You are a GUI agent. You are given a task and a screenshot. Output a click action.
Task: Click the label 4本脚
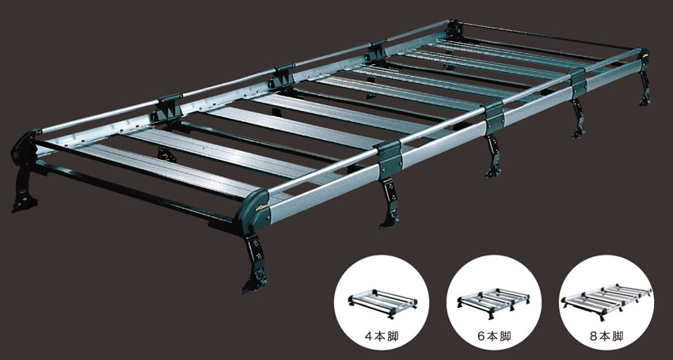pos(381,336)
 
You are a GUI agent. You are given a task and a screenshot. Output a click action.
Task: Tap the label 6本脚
pos(493,336)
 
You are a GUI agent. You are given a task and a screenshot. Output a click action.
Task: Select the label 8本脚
pos(606,336)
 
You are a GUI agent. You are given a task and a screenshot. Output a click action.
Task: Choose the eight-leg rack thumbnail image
pos(606,301)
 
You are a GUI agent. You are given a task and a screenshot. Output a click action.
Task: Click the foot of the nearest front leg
pos(254,282)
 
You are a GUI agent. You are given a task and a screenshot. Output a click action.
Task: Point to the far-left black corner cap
pos(25,146)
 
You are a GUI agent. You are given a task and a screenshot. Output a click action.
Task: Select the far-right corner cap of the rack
pos(644,58)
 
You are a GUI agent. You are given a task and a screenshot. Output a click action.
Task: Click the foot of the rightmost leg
pos(644,101)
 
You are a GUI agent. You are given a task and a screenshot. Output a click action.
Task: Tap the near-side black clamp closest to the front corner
pos(388,153)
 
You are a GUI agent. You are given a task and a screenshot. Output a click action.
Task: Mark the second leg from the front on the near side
pos(389,204)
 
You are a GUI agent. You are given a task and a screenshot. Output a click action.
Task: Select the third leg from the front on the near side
pos(493,156)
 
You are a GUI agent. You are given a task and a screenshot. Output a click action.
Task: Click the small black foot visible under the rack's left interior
pos(167,154)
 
